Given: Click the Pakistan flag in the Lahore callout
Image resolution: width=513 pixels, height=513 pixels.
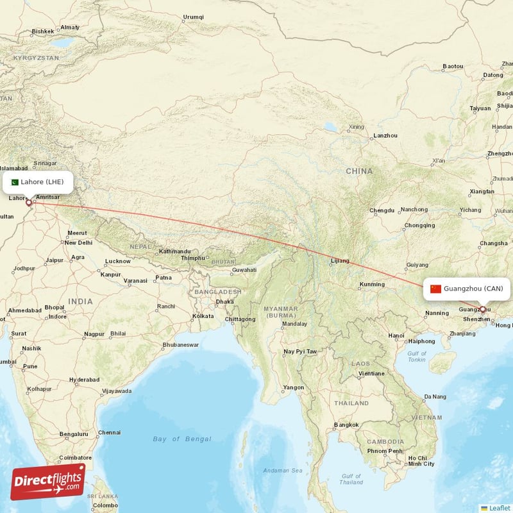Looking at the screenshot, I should [x=15, y=181].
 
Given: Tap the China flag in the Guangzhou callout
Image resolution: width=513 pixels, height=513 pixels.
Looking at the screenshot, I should [x=435, y=289].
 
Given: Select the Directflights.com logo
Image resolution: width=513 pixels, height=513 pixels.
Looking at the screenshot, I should [x=48, y=482].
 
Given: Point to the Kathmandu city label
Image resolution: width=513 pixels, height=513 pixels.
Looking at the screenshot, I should [x=174, y=251].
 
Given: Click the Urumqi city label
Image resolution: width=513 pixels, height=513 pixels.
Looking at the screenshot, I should [x=193, y=17].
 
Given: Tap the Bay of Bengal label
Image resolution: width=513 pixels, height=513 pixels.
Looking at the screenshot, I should [x=181, y=439].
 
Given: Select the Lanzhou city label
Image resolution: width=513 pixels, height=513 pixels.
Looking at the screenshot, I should [x=385, y=135].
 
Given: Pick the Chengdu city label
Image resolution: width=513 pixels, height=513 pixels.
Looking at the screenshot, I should [x=382, y=210].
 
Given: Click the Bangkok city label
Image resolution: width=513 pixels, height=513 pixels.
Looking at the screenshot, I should [x=346, y=425].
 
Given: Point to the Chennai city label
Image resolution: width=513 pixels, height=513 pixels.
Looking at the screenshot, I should [x=109, y=432].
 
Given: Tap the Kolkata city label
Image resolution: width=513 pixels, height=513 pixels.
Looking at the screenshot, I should [x=203, y=316].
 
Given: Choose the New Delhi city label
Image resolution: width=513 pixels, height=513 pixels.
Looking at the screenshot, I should [x=78, y=242].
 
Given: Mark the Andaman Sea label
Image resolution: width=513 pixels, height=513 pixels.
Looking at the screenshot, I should [x=283, y=471].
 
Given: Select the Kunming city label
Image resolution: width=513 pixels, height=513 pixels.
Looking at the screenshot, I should [x=372, y=284].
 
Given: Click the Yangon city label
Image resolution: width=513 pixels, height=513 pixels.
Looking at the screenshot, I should [x=294, y=387].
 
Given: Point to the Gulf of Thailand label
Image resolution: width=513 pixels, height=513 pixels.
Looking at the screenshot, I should [x=351, y=478].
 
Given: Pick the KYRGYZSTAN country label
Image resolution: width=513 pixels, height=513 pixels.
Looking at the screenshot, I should [x=36, y=58].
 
